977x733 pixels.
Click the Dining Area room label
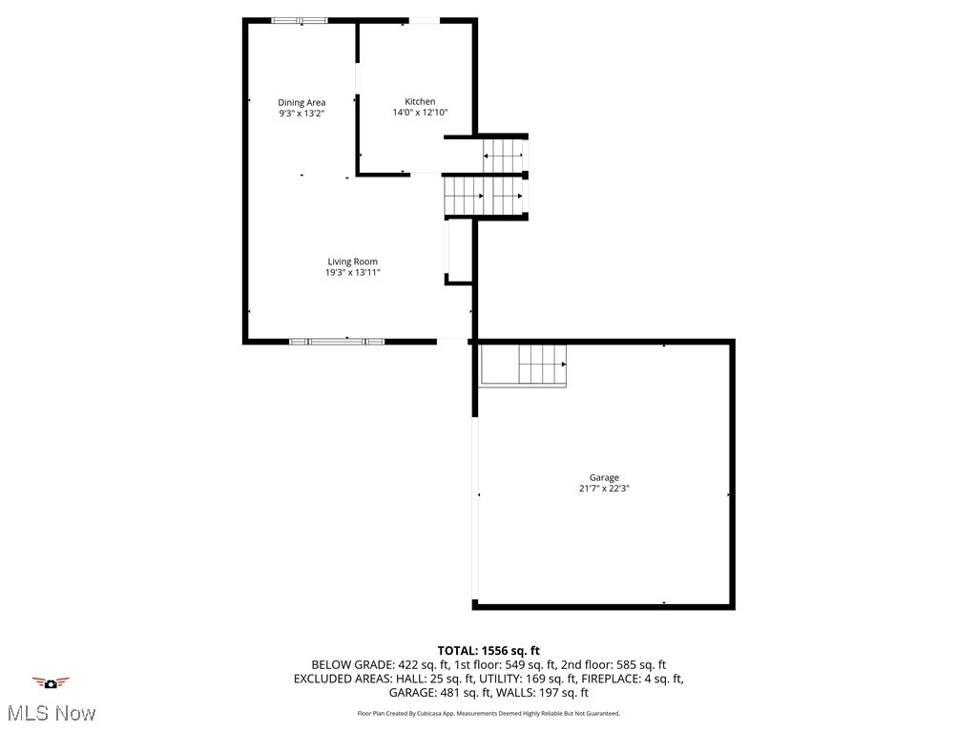click(x=301, y=102)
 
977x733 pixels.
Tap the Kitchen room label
click(x=420, y=101)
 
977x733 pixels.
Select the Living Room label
click(x=353, y=262)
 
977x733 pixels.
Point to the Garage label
click(x=604, y=477)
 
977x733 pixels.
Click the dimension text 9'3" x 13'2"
click(x=301, y=114)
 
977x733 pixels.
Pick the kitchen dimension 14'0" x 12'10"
click(x=420, y=113)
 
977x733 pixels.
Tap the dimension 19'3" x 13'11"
click(x=353, y=273)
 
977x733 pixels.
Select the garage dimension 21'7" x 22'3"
click(x=604, y=489)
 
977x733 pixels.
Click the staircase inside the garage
click(x=542, y=364)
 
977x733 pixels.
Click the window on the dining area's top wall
click(x=300, y=20)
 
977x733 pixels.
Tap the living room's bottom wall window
click(x=337, y=340)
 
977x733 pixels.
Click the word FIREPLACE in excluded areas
click(x=609, y=680)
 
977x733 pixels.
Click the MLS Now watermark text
click(x=52, y=713)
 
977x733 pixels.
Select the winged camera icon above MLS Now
click(x=52, y=683)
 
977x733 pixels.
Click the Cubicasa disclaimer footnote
click(x=488, y=714)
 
